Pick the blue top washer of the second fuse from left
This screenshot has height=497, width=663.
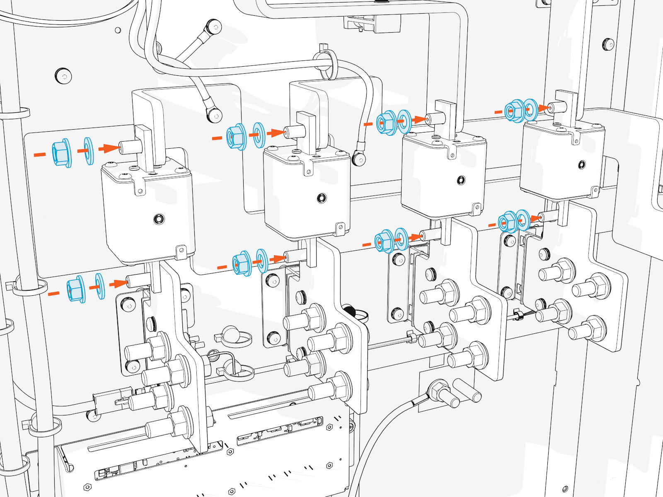259,135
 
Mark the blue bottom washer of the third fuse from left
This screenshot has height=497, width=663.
401,239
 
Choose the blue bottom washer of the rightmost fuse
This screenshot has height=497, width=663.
523,220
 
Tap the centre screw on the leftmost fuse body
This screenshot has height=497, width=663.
159,219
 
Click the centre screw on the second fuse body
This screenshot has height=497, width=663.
322,198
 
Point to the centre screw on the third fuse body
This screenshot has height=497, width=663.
461,180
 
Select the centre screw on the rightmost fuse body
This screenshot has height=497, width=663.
582,165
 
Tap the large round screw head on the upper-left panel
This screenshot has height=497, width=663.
63,76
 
